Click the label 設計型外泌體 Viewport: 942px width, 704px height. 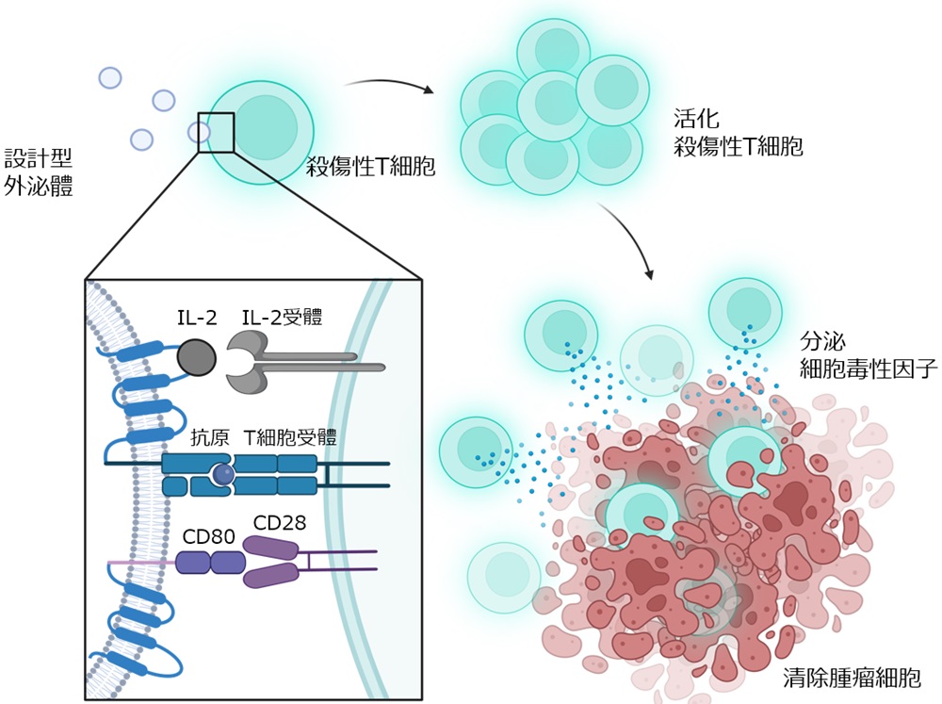(39, 172)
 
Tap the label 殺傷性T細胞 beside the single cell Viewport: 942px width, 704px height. (370, 167)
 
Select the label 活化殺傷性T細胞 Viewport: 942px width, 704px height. (738, 133)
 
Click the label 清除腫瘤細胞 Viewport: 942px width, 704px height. (852, 678)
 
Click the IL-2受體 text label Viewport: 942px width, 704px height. (282, 317)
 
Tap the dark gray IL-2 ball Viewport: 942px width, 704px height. (197, 358)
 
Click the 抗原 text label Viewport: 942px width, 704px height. (210, 437)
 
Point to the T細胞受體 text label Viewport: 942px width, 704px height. (289, 437)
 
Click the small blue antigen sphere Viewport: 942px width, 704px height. (223, 475)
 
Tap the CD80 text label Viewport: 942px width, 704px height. (208, 536)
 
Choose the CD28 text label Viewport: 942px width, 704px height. (280, 523)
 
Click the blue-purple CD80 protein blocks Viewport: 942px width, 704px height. (210, 563)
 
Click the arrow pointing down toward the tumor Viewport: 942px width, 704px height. (632, 237)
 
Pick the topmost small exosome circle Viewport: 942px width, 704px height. (110, 77)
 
